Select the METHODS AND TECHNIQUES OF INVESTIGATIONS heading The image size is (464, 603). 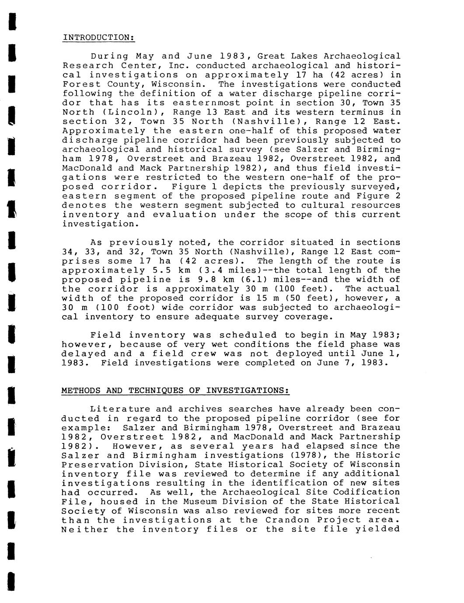click(x=175, y=390)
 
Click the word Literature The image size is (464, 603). click(x=117, y=409)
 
